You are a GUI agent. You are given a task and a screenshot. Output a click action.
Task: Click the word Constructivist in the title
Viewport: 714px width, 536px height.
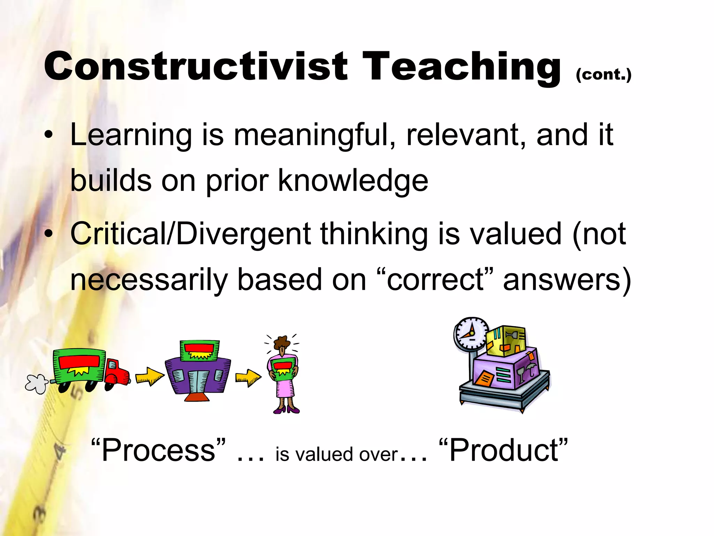[x=195, y=66]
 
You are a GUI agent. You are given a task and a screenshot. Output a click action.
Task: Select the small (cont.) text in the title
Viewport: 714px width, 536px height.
[x=603, y=74]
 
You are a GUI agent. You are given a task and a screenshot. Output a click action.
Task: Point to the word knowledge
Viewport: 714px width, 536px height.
[x=353, y=181]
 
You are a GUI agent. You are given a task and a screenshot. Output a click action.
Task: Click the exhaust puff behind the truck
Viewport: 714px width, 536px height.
[x=36, y=384]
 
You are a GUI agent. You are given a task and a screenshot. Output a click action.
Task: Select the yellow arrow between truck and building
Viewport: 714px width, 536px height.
[x=149, y=377]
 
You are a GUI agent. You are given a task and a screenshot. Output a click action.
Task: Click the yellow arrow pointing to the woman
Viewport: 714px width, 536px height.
[x=248, y=377]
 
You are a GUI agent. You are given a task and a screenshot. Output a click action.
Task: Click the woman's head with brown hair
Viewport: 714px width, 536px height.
[x=282, y=343]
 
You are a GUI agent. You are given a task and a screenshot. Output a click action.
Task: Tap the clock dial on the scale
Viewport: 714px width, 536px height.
[x=471, y=333]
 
